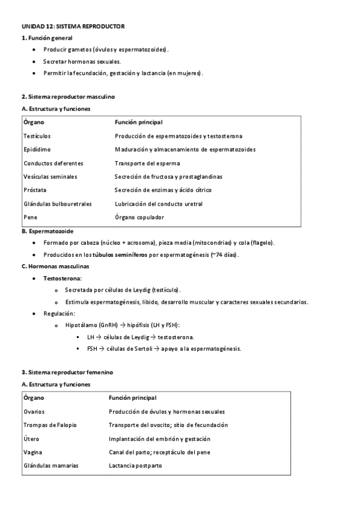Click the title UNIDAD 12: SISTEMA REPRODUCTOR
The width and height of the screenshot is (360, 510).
pos(73,27)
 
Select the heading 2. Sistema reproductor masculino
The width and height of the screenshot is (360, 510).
pos(68,96)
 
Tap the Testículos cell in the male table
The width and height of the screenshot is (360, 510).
pos(37,136)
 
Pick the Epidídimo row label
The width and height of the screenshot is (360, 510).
pos(37,149)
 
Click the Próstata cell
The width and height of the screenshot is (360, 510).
pos(35,190)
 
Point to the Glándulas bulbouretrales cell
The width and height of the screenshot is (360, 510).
pos(58,204)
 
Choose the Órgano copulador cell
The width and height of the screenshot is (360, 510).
pos(139,217)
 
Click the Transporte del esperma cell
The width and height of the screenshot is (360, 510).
pos(147,163)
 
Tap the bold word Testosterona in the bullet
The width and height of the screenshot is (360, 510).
pos(63,278)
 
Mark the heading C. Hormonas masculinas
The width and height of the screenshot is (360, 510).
pos(55,266)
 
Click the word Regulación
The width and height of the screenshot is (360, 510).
pos(59,313)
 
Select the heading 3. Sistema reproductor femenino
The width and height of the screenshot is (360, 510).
pos(67,372)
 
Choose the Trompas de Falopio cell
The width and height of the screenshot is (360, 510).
pos(50,425)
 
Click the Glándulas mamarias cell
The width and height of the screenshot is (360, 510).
pos(50,465)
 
